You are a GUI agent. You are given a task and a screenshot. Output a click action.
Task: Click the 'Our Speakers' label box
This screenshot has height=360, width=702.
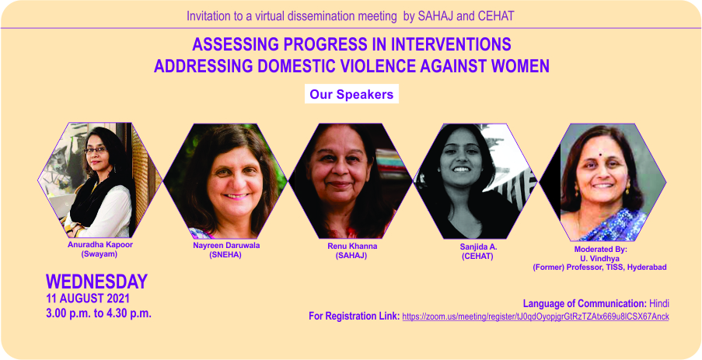tap(351, 95)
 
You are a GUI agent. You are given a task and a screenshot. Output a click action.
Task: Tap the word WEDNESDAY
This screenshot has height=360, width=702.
tap(96, 281)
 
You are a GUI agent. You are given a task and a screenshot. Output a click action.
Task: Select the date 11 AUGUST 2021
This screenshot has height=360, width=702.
tap(88, 298)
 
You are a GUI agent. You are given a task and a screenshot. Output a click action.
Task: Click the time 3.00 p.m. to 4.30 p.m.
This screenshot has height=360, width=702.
tap(99, 313)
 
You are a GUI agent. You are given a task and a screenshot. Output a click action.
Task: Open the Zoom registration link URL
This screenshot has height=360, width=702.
tap(536, 316)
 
